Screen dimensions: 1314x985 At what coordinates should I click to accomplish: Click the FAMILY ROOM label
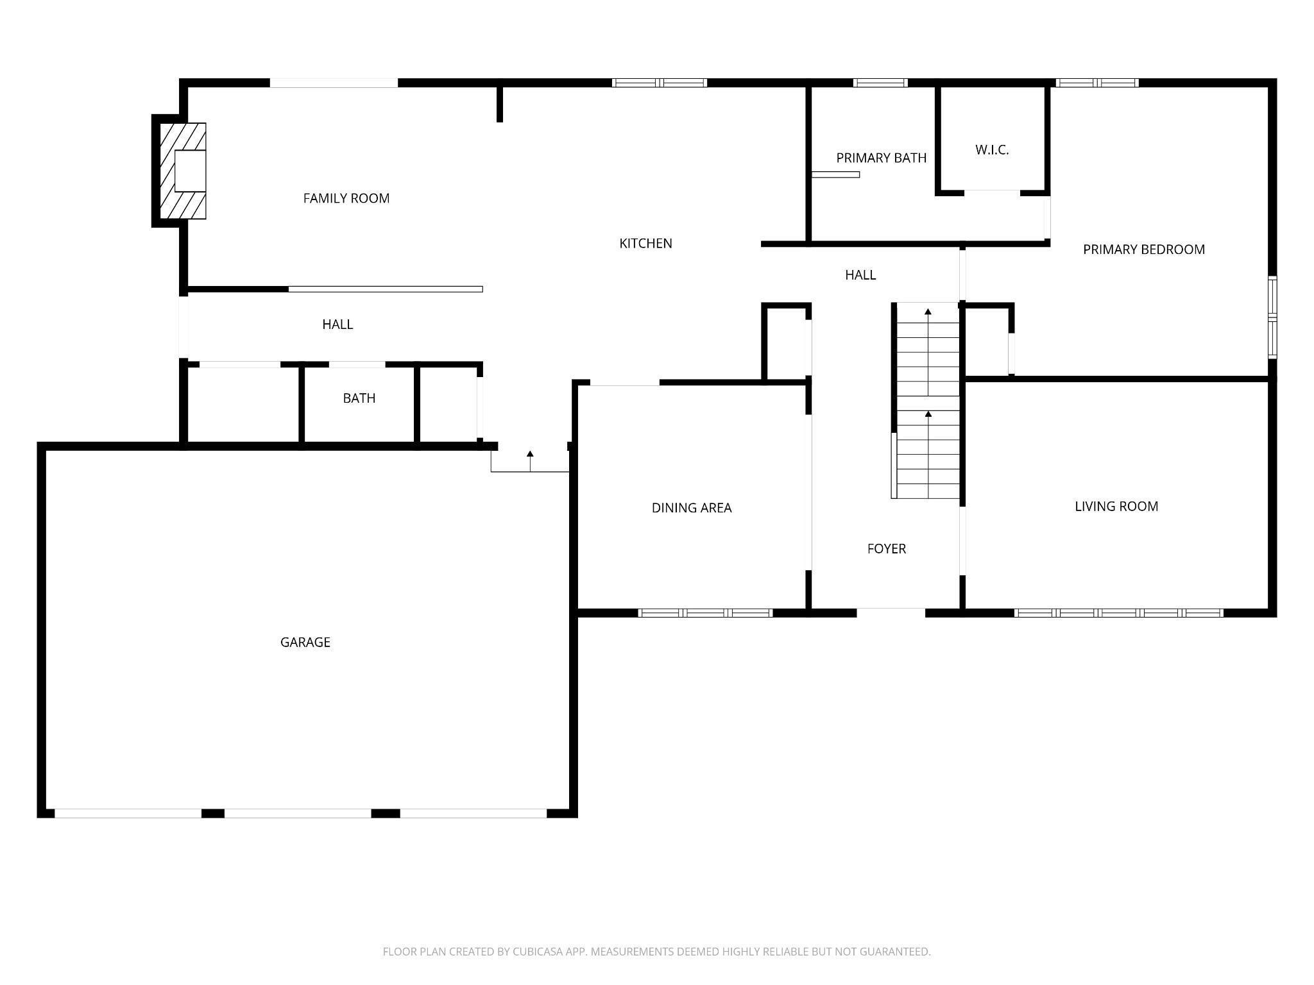(346, 199)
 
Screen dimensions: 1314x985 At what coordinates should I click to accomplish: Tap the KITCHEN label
(645, 244)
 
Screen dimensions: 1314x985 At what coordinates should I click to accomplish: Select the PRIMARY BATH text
(882, 158)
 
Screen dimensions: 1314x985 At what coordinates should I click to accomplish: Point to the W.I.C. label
(992, 150)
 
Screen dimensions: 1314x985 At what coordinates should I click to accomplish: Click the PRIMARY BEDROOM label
(1144, 250)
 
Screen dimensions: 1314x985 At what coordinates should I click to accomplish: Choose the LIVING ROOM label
(1116, 507)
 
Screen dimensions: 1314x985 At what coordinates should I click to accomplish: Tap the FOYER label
(887, 549)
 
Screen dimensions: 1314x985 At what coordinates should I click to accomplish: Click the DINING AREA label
(692, 508)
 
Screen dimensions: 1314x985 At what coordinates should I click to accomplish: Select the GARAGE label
(305, 643)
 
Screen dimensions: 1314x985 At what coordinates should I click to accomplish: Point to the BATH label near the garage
(359, 398)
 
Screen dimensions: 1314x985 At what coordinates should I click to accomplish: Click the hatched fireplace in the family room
(183, 171)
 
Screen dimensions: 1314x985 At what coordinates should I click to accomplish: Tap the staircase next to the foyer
(925, 401)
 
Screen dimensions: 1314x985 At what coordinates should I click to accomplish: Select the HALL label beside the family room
(337, 324)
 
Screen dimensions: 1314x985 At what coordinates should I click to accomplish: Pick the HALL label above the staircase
(860, 275)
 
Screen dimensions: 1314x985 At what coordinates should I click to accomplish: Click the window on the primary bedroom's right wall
(1273, 317)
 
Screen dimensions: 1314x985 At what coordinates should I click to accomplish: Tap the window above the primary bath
(880, 83)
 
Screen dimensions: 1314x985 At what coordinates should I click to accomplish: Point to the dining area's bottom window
(705, 613)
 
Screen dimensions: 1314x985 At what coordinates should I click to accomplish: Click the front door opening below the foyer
(891, 612)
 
